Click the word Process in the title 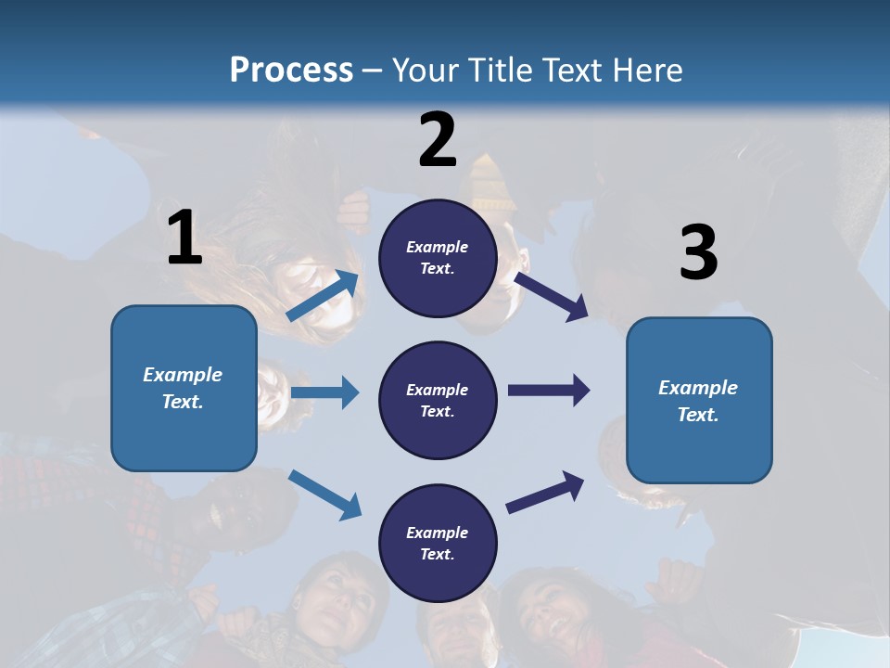[x=291, y=71]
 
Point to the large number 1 [x=184, y=238]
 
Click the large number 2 [x=438, y=140]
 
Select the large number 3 [x=698, y=252]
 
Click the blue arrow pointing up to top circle [x=323, y=296]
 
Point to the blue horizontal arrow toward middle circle [x=324, y=392]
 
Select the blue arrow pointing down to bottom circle [x=324, y=494]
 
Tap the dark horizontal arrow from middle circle [x=548, y=391]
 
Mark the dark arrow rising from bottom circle [x=545, y=492]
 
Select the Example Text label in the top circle [x=438, y=258]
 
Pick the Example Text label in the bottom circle [x=438, y=543]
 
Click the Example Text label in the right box [x=698, y=401]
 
